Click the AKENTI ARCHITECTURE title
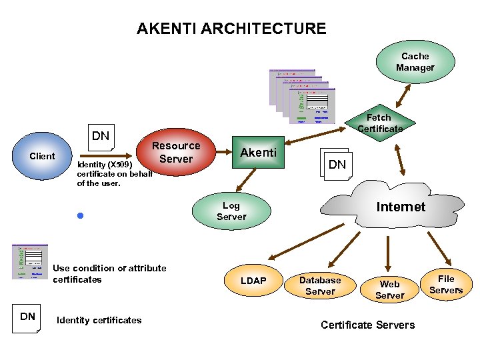click(231, 29)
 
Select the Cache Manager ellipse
click(415, 62)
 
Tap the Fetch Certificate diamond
click(379, 123)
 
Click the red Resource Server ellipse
click(176, 153)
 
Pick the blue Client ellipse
click(43, 156)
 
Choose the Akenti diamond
click(258, 153)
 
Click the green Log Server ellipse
click(231, 211)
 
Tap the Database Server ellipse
click(320, 285)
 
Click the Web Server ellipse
click(389, 289)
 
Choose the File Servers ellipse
click(446, 285)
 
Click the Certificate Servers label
click(367, 325)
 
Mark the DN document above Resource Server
click(101, 137)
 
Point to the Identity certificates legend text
click(99, 321)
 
